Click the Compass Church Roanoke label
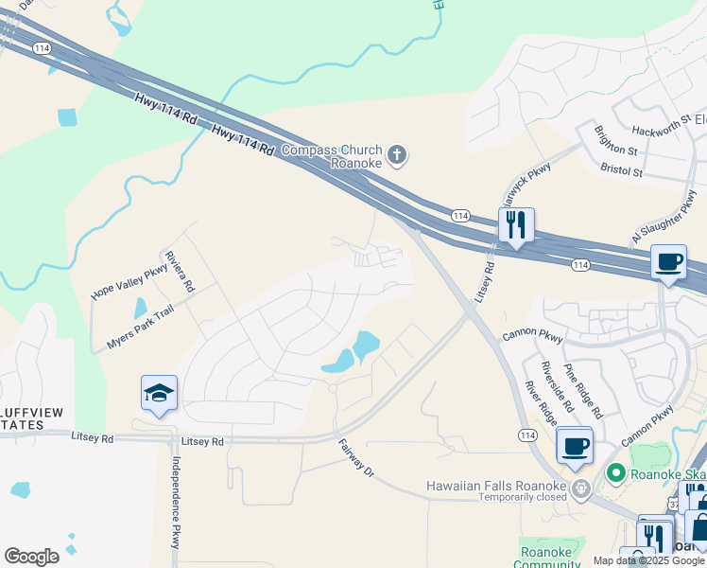[332, 156]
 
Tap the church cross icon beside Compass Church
[397, 155]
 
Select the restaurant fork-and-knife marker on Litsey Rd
[516, 225]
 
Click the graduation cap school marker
[159, 393]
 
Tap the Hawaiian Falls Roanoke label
[495, 486]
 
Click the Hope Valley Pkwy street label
[129, 282]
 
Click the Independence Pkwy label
[176, 503]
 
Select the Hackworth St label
[656, 125]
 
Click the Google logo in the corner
[31, 557]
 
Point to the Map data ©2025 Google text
[649, 560]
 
